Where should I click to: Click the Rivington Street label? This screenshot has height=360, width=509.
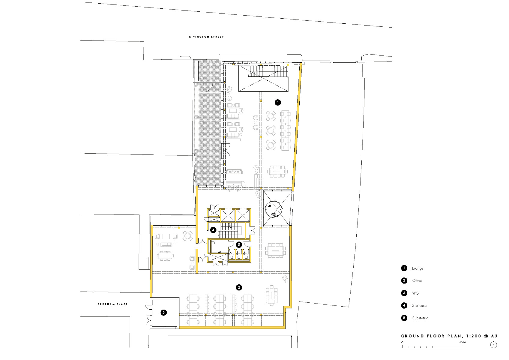[x=206, y=37]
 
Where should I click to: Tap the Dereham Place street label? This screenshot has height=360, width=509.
[x=112, y=304]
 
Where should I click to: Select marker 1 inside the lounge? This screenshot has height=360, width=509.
[x=278, y=103]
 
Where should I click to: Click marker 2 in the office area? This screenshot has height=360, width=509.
[x=239, y=288]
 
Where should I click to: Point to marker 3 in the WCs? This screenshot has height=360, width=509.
[x=239, y=244]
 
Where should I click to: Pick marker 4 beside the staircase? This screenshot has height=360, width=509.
[x=213, y=230]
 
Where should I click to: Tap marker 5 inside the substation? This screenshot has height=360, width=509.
[x=163, y=313]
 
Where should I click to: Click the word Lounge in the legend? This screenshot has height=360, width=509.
[x=418, y=268]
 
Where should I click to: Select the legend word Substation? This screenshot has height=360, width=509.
[x=420, y=318]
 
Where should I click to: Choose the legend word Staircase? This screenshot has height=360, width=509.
[x=419, y=306]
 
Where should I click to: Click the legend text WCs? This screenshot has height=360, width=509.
[x=416, y=293]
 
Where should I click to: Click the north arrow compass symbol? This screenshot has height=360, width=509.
[x=494, y=345]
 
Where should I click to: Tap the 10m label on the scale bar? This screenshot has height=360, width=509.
[x=463, y=342]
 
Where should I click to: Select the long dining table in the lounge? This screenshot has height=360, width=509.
[x=285, y=130]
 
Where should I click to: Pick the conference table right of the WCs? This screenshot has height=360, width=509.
[x=275, y=250]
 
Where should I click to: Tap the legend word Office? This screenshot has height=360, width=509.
[x=417, y=281]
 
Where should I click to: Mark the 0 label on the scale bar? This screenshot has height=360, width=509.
[x=403, y=342]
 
